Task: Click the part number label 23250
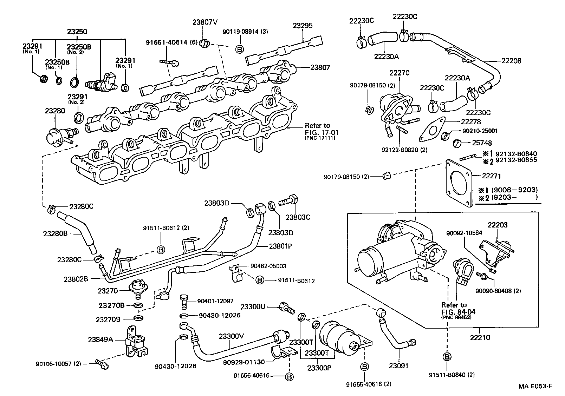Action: point(77,32)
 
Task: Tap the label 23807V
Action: point(205,22)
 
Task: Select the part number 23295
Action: point(303,26)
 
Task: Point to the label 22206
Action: point(511,61)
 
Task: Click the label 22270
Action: point(400,73)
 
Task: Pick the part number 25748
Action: point(482,143)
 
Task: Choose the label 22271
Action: point(491,176)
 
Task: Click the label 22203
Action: point(498,225)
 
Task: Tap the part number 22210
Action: point(480,337)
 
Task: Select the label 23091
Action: point(398,365)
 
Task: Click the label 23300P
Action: point(319,368)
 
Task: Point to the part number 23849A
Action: point(100,339)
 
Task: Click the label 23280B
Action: point(55,233)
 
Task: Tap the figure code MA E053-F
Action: point(535,386)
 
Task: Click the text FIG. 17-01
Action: point(322,132)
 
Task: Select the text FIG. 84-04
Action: point(458,312)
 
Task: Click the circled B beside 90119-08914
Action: point(239,49)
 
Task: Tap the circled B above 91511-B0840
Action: point(447,357)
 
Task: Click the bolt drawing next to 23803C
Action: point(288,200)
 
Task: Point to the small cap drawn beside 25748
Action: point(457,143)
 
